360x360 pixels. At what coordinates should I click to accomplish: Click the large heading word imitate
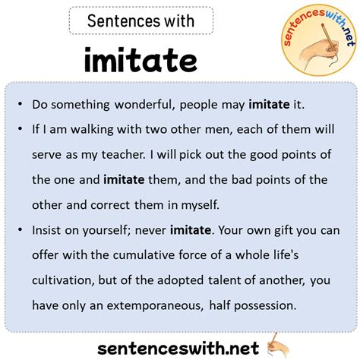[x=141, y=61]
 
